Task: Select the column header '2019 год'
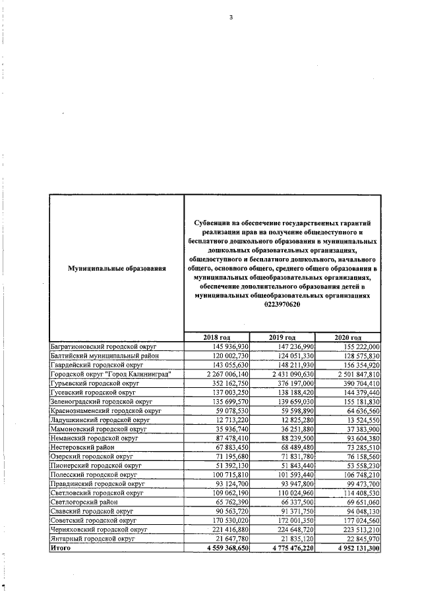(282, 337)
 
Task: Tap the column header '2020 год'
(348, 337)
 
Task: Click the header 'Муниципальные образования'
(116, 269)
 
